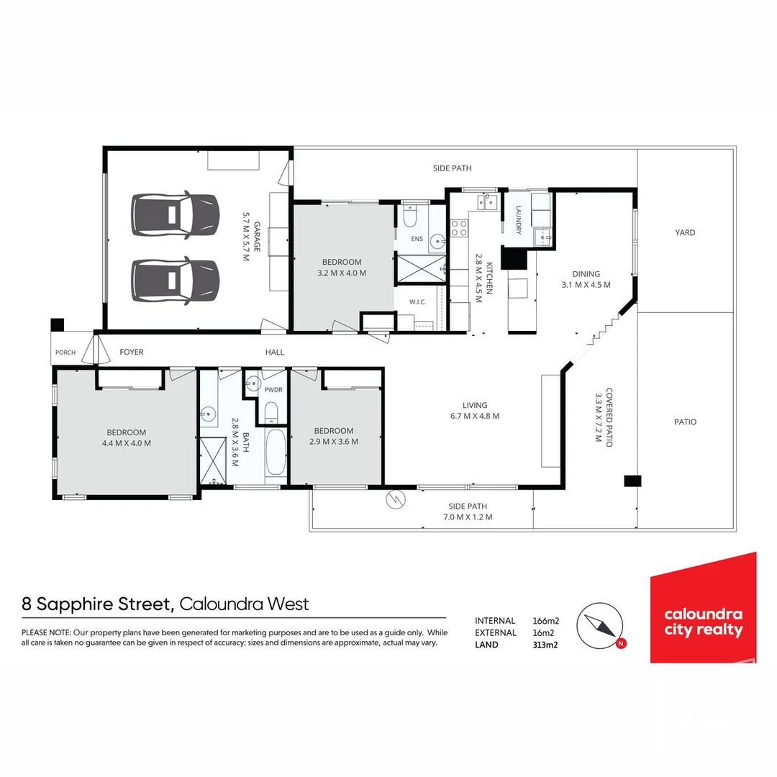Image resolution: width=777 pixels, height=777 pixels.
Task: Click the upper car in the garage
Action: pyautogui.click(x=175, y=215)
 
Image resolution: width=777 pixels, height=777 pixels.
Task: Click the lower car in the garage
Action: pyautogui.click(x=175, y=281)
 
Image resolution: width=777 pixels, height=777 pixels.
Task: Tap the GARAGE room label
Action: pyautogui.click(x=257, y=237)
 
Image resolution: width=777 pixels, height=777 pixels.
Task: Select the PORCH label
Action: pyautogui.click(x=65, y=353)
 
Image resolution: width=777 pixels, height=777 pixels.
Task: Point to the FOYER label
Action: pyautogui.click(x=132, y=352)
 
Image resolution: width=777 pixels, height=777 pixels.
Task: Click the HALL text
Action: pyautogui.click(x=275, y=352)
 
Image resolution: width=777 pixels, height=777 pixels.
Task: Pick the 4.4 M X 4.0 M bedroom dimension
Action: pyautogui.click(x=127, y=443)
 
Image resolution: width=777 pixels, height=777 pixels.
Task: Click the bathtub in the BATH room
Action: pyautogui.click(x=276, y=452)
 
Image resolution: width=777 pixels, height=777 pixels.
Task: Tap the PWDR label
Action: pyautogui.click(x=273, y=390)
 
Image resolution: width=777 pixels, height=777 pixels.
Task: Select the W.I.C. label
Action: pyautogui.click(x=418, y=301)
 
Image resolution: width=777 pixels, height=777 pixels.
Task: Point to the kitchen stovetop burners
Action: pyautogui.click(x=459, y=229)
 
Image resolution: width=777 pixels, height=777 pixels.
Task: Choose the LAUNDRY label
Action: pyautogui.click(x=518, y=220)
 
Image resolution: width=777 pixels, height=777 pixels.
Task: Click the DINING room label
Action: pyautogui.click(x=586, y=274)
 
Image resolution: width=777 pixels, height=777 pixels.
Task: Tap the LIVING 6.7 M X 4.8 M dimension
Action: pyautogui.click(x=475, y=417)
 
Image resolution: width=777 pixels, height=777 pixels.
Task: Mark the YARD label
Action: pyautogui.click(x=686, y=232)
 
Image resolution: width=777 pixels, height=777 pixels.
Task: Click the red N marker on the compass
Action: pyautogui.click(x=621, y=644)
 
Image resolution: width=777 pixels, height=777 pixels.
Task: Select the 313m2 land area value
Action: pyautogui.click(x=545, y=645)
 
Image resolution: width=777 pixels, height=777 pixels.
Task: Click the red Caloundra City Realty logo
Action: pyautogui.click(x=703, y=607)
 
